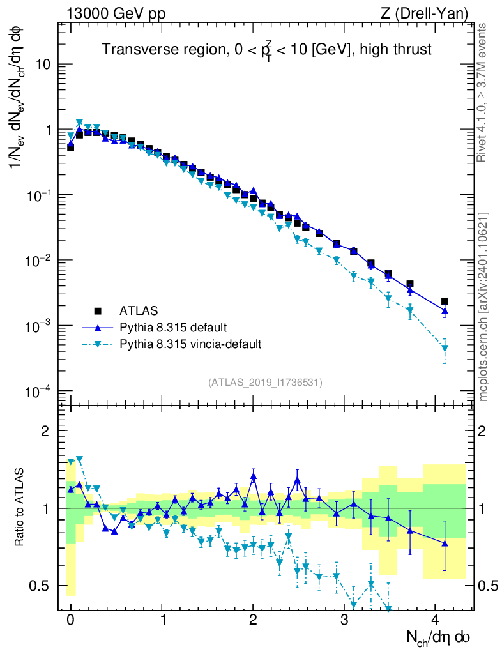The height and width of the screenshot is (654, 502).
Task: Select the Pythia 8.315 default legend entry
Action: click(172, 328)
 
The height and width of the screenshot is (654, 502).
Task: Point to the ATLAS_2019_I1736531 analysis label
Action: click(265, 383)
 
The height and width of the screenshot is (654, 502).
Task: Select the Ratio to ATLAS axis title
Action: click(20, 508)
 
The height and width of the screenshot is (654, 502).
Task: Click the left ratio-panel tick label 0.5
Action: click(40, 586)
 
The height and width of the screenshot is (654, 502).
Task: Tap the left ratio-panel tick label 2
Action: click(45, 431)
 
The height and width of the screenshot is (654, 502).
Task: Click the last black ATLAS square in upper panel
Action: click(445, 301)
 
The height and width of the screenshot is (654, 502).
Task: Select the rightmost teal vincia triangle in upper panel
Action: click(445, 349)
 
